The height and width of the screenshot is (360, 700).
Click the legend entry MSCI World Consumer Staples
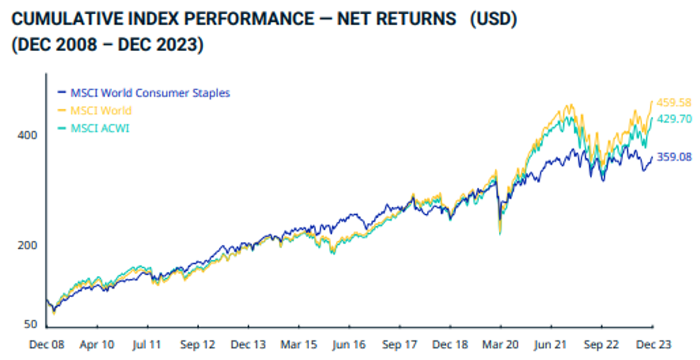150,92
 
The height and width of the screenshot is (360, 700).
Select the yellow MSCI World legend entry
101,110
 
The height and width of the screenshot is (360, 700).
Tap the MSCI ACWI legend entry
99,128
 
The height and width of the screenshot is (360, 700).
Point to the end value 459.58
673,103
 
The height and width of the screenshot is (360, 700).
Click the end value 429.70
673,119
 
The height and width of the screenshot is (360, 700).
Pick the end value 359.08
673,157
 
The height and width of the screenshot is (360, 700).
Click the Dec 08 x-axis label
47,344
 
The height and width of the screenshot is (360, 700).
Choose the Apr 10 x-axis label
97,344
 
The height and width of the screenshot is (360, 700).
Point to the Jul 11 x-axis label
148,344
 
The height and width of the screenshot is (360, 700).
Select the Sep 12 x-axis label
198,344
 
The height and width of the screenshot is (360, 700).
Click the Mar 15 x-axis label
299,344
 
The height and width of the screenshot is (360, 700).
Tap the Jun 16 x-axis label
349,344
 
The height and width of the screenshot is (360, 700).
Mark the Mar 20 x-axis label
500,344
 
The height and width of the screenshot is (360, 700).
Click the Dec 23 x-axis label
651,344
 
